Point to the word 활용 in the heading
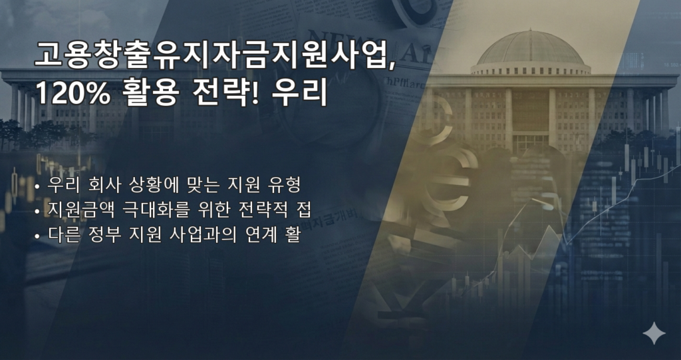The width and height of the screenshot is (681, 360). point(150,94)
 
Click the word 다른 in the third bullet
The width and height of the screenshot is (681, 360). point(61,236)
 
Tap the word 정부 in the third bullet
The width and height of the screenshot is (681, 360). point(101,236)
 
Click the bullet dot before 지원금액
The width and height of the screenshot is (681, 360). point(38,212)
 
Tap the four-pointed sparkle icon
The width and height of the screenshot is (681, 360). point(654,333)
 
